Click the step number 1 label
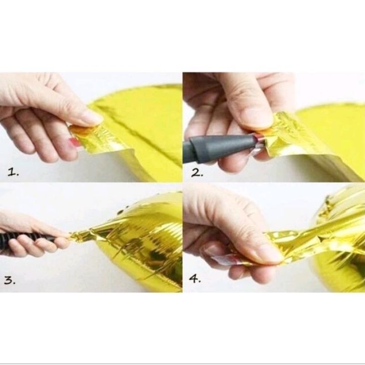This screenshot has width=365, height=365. click(13, 172)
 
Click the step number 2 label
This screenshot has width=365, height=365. click(197, 173)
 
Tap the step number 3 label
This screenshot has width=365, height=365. click(10, 281)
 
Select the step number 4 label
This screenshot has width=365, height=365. click(195, 278)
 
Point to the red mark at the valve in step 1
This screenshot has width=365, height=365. click(74, 142)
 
